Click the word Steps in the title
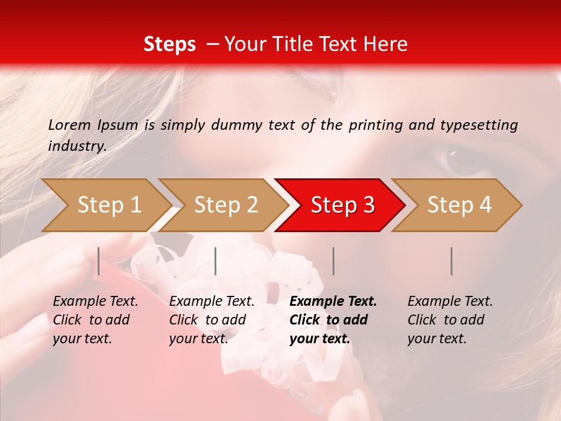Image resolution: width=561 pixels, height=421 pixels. tap(169, 44)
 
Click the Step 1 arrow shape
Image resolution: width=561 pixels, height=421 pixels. tap(108, 205)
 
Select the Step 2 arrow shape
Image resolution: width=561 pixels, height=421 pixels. tap(226, 205)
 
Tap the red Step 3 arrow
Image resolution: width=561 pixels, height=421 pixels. tap(342, 205)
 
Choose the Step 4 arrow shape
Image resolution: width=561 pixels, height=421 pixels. tap(459, 205)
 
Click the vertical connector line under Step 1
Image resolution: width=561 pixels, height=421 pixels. tap(99, 261)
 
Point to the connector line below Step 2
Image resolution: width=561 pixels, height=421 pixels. tap(216, 261)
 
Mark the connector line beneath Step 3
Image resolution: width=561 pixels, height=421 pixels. tap(333, 261)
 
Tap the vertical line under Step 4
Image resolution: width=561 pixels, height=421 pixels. tap(451, 261)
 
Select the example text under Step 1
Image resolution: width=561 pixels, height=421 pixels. tap(95, 320)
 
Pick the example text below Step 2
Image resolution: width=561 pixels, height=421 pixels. tap(211, 320)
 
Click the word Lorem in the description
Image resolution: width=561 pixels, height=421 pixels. tap(70, 125)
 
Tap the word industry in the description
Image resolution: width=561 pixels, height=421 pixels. tap(77, 146)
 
